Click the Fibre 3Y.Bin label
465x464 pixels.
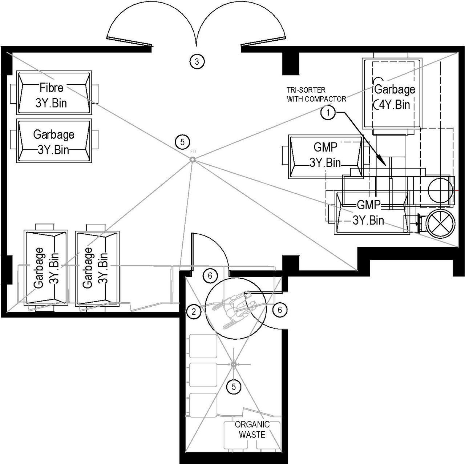click(51, 95)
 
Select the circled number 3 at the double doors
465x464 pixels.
click(197, 61)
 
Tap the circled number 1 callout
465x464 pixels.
click(328, 113)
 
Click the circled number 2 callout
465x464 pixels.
click(194, 311)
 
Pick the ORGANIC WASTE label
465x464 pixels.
click(252, 429)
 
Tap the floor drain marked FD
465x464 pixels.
click(193, 160)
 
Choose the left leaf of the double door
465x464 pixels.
click(129, 41)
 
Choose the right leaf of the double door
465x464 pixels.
click(263, 41)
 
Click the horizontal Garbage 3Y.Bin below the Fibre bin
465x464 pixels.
click(54, 142)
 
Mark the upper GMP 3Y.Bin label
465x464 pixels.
click(325, 155)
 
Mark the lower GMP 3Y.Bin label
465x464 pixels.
click(368, 213)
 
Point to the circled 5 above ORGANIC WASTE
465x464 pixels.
click(234, 387)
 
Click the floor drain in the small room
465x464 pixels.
click(234, 364)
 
